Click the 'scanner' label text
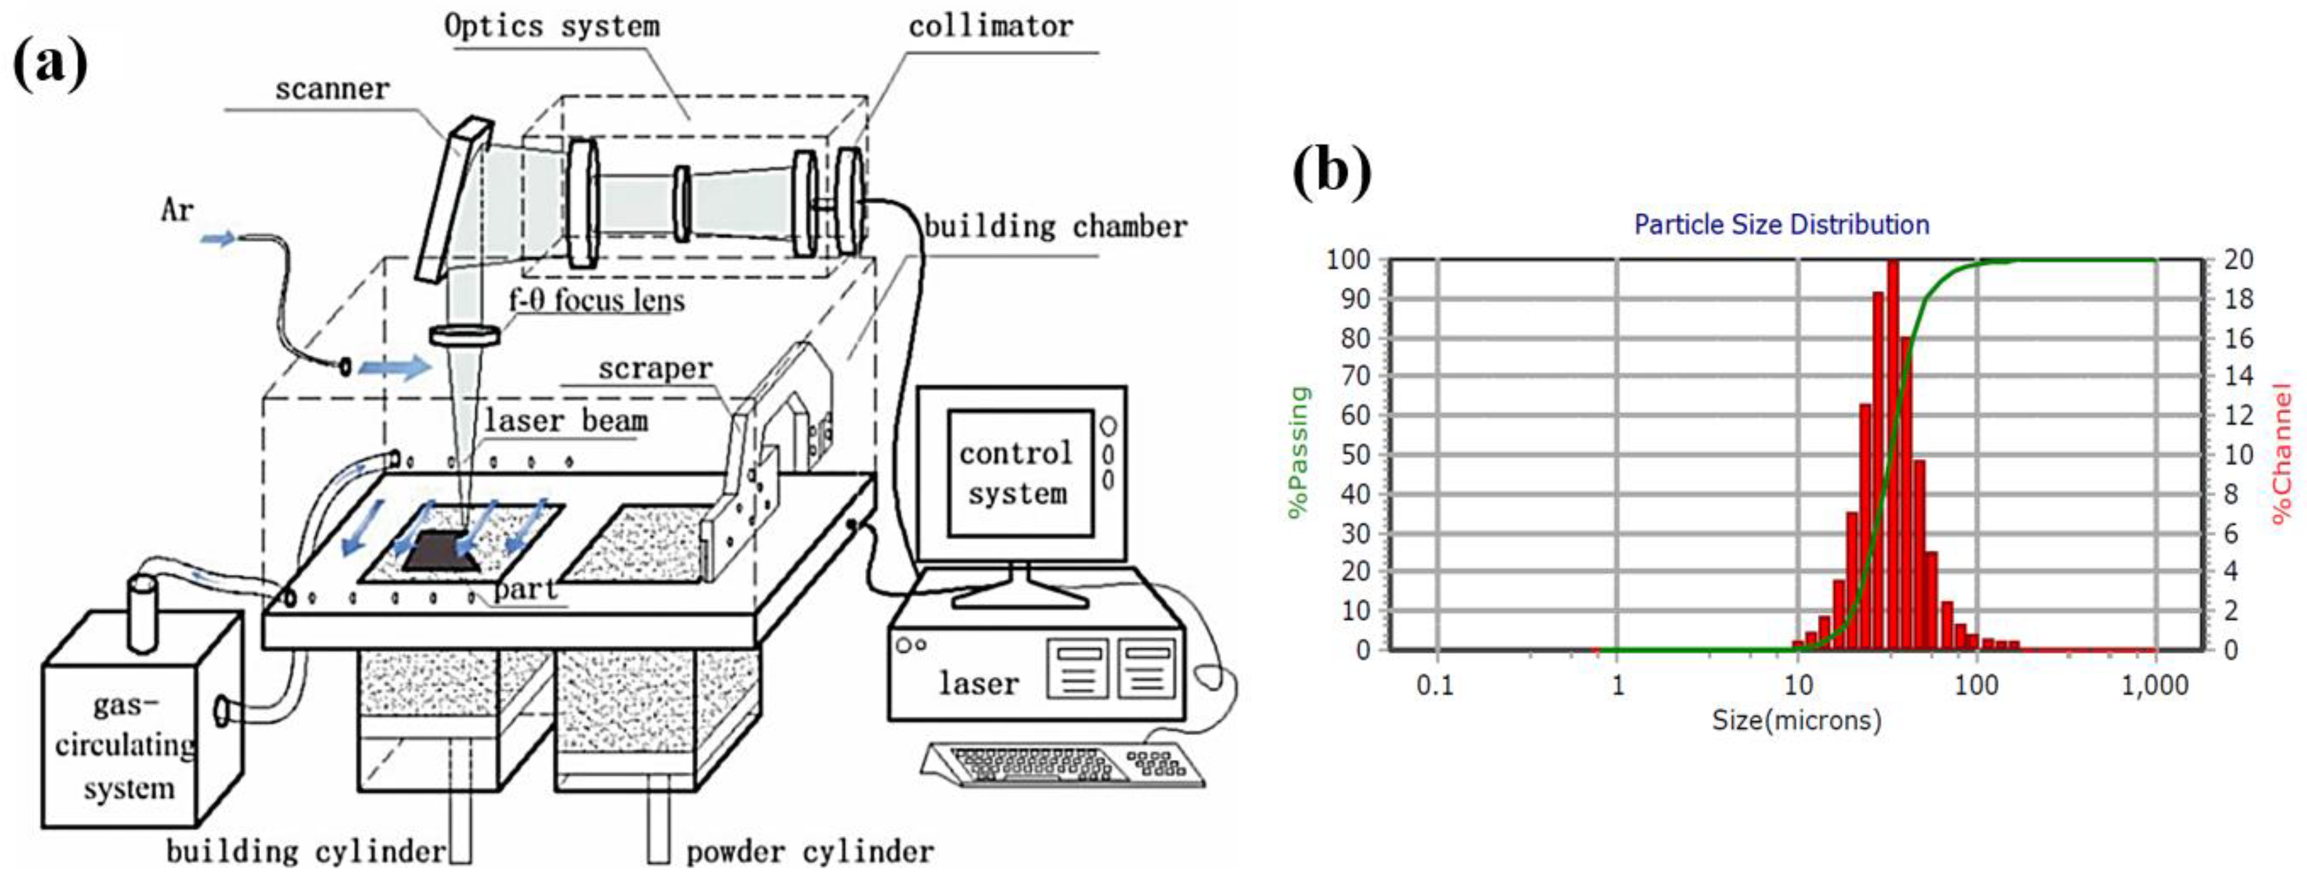pos(332,89)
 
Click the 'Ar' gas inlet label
pos(176,210)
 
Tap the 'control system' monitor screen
pos(1019,473)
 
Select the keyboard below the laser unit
pos(1061,764)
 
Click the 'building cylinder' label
pos(305,851)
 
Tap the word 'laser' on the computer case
pos(978,683)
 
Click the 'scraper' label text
pos(655,368)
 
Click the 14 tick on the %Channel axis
pos(2239,376)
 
